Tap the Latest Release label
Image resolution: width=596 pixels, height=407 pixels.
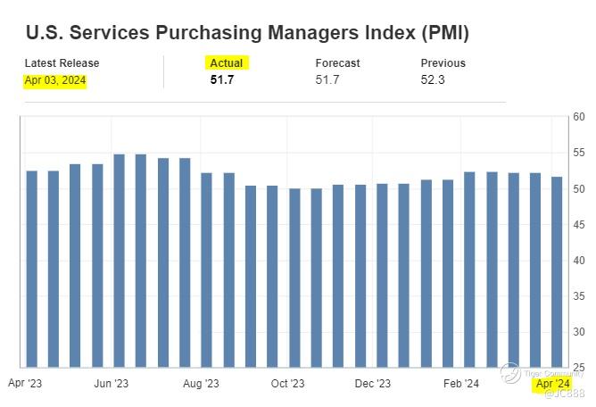tap(62, 63)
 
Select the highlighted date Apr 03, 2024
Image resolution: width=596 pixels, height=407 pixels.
tap(56, 80)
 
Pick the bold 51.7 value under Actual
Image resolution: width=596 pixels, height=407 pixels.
tap(222, 80)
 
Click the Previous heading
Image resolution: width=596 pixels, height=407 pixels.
tap(443, 63)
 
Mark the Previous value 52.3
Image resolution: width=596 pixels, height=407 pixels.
tap(433, 80)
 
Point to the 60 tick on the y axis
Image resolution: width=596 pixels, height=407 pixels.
tap(578, 117)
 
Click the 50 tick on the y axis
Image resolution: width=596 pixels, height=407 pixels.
tap(578, 188)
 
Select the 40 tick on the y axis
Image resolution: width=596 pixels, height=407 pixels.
tap(578, 260)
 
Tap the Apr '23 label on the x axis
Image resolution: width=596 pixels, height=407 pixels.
tap(24, 384)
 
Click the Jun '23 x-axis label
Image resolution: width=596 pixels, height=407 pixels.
tap(112, 384)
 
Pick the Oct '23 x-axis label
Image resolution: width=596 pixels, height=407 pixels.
tap(286, 384)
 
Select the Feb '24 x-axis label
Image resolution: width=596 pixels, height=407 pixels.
tap(461, 384)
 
